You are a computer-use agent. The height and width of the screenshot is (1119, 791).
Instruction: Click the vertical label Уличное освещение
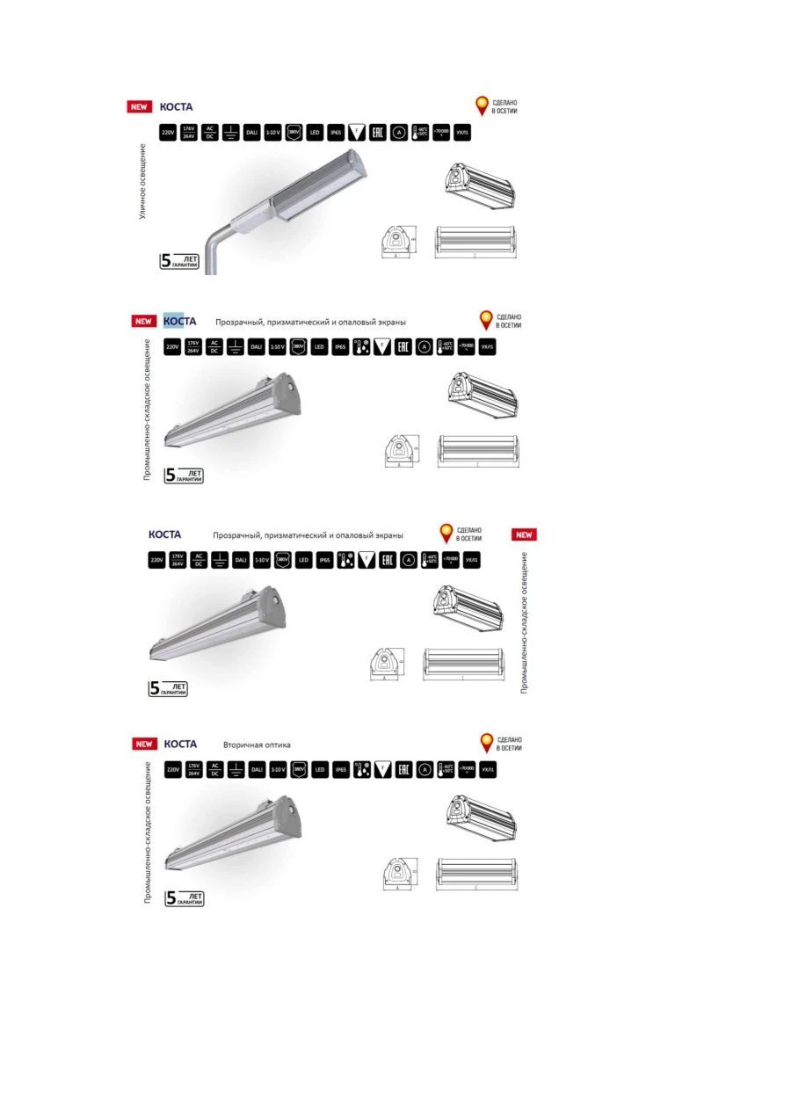142,187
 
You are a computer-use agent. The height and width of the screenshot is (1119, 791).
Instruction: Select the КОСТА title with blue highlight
179,321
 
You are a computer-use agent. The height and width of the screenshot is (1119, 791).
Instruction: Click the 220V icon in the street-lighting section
167,133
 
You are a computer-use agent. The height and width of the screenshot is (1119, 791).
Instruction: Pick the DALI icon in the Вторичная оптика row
257,769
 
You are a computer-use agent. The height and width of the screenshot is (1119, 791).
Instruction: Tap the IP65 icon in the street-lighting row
335,133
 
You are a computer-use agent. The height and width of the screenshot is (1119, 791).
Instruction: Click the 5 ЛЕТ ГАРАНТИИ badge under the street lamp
178,261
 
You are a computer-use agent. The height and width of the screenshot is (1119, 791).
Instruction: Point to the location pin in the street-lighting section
482,106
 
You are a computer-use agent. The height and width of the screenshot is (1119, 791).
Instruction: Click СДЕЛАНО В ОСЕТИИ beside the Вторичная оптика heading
509,744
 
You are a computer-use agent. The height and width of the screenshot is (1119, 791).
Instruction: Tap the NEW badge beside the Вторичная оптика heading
143,745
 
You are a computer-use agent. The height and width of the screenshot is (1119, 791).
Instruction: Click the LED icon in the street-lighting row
314,133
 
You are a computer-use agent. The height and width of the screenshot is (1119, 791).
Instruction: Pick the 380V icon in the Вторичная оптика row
299,769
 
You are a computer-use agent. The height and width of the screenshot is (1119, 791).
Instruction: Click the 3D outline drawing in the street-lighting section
480,185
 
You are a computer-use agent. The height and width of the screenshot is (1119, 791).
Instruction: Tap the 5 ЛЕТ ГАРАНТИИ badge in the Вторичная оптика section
185,898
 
